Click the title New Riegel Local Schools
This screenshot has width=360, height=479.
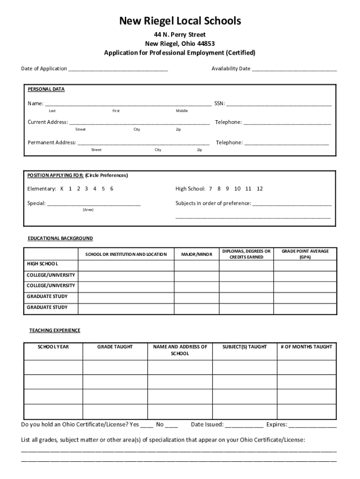point(180,21)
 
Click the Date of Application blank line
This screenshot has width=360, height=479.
point(118,69)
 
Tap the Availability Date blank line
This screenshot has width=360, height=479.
point(294,69)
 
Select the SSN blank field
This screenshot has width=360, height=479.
point(279,104)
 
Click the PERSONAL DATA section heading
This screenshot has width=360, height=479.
point(46,89)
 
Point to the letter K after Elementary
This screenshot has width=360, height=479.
point(62,189)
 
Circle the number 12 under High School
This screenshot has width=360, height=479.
point(260,189)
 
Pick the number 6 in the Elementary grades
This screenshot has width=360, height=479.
point(112,189)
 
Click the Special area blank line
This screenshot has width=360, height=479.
point(94,204)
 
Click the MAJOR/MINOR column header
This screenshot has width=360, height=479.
point(196,254)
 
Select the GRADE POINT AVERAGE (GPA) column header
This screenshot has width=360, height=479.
point(305,254)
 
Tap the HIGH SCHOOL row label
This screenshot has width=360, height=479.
point(43,264)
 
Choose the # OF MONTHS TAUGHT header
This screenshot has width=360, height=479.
point(306,347)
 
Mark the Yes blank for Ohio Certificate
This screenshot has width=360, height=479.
point(146,425)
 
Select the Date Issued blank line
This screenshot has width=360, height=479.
point(244,425)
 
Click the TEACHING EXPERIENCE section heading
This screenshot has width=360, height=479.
point(55,331)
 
